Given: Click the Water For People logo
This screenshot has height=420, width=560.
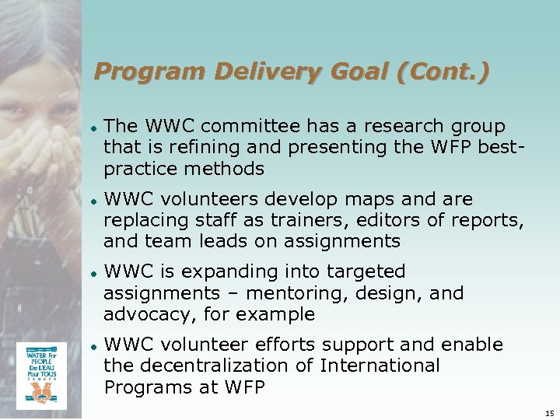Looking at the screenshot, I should point(41,375).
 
